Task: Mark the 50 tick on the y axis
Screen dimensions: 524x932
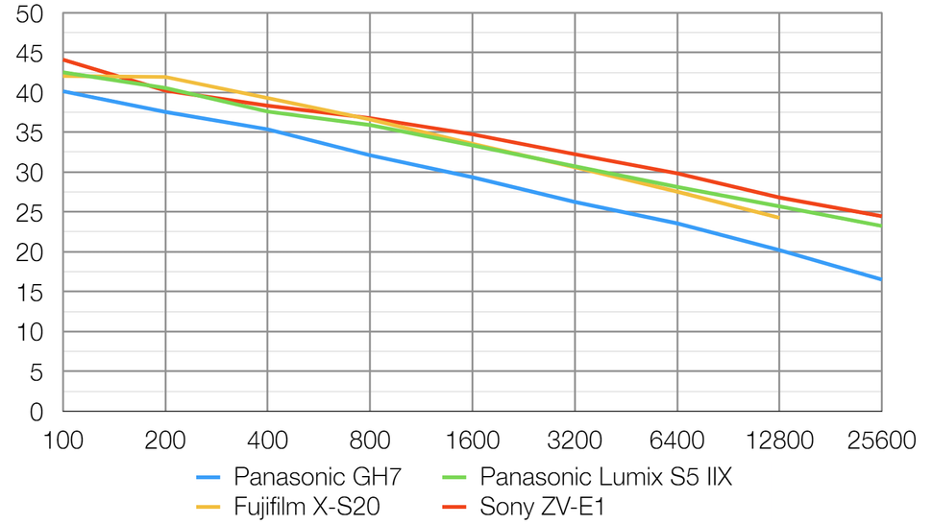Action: pyautogui.click(x=31, y=14)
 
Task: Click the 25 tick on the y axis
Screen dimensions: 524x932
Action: pyautogui.click(x=31, y=213)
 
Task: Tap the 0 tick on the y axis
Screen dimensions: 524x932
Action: pyautogui.click(x=37, y=412)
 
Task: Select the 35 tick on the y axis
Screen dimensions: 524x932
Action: pyautogui.click(x=31, y=133)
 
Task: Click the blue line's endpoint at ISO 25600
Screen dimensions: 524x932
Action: pyautogui.click(x=881, y=279)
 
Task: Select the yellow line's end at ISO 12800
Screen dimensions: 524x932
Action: pyautogui.click(x=779, y=218)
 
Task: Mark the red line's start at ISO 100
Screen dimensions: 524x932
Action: pyautogui.click(x=63, y=60)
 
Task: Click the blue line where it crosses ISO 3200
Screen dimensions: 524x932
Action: pyautogui.click(x=575, y=202)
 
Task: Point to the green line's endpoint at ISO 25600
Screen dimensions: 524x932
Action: pyautogui.click(x=881, y=226)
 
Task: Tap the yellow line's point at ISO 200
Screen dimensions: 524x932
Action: pyautogui.click(x=166, y=77)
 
